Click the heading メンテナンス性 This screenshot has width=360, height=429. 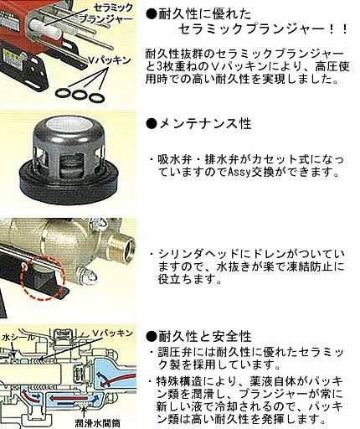(x=205, y=124)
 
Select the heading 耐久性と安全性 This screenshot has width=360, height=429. (x=205, y=336)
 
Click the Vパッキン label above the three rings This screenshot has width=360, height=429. (x=110, y=60)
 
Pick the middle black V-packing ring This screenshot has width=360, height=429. (x=80, y=95)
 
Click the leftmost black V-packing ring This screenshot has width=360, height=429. (x=63, y=93)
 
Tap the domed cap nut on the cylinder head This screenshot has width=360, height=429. (x=90, y=276)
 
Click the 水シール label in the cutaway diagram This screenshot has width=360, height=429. (x=18, y=338)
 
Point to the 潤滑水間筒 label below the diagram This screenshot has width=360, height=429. (x=97, y=423)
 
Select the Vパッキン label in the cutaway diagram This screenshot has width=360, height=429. (x=112, y=333)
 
